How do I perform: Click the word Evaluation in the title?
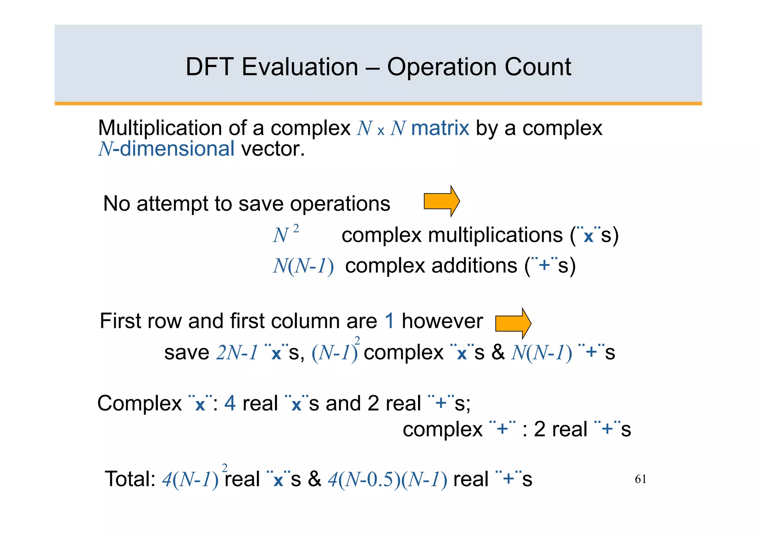[x=300, y=67]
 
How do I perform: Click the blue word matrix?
[x=440, y=128]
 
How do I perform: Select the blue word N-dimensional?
[x=166, y=149]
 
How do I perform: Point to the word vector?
[x=273, y=149]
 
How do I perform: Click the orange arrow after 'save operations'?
[x=442, y=201]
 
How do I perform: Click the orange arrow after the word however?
[x=513, y=323]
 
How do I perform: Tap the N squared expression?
[x=285, y=234]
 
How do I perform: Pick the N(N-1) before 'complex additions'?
[x=303, y=266]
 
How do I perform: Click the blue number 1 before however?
[x=390, y=321]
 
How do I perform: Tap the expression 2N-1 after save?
[x=237, y=352]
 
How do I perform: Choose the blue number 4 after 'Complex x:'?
[x=230, y=403]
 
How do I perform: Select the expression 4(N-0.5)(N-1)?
[x=387, y=480]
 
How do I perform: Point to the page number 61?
[x=641, y=479]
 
